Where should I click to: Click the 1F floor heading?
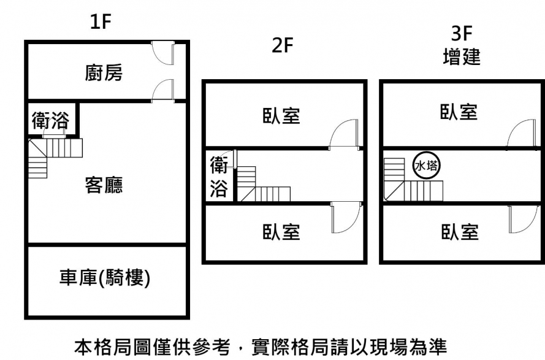101,23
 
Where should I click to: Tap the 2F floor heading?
283,47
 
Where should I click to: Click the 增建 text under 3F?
461,58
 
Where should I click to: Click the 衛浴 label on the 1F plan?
50,121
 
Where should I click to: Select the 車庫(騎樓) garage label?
105,278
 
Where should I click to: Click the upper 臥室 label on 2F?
281,115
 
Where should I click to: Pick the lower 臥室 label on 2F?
281,232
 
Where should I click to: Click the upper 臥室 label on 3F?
459,112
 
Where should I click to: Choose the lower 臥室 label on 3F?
459,232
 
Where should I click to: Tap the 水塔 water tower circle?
425,166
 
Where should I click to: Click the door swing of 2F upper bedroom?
343,135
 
